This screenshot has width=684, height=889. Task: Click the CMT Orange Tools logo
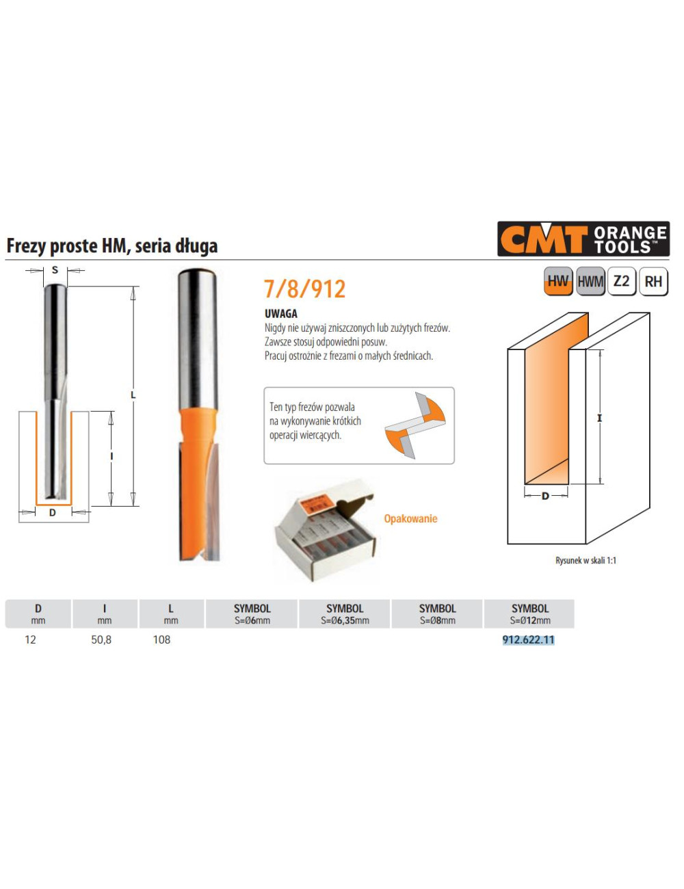point(583,239)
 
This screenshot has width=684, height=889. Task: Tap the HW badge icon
point(558,281)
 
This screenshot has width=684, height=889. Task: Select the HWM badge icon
point(590,281)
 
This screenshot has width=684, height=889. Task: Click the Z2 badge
point(621,281)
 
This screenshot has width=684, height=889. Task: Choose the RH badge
point(653,281)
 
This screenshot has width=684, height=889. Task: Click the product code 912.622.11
point(528,640)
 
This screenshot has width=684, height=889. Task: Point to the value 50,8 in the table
point(101,640)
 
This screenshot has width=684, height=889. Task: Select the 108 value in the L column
point(161,640)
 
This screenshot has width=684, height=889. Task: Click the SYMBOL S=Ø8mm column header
point(437,614)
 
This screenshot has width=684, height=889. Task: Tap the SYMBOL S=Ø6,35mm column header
point(345,614)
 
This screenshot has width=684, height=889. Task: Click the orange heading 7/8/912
point(304,289)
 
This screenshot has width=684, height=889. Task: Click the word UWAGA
point(280,313)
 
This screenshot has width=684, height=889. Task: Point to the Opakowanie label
point(410,518)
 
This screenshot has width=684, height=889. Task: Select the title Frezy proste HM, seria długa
point(112,246)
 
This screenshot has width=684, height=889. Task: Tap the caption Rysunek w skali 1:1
point(586,560)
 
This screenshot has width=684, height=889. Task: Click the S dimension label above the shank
point(55,270)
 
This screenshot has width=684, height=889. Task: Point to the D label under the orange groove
point(545,496)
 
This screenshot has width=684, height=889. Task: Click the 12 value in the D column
point(30,640)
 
